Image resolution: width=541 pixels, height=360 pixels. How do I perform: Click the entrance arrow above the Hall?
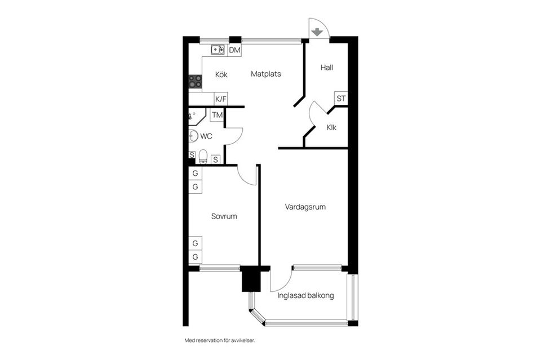coord(317,32)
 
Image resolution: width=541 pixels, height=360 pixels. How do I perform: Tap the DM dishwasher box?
coord(234,50)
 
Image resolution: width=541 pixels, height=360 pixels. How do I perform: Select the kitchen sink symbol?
coord(218,50)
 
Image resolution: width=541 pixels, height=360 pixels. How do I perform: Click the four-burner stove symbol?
coord(195,82)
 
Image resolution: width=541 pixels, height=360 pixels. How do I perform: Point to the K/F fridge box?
coord(221,99)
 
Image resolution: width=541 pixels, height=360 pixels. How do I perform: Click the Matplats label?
coord(265,74)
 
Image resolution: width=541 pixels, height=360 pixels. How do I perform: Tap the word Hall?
coord(327,67)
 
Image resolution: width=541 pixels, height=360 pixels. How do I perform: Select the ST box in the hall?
coord(341,98)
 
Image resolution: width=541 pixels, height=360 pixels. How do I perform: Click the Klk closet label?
coord(331,127)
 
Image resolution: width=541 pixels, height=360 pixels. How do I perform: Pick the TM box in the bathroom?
coord(217,115)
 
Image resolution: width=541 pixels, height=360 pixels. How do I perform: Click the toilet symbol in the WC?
coord(203,157)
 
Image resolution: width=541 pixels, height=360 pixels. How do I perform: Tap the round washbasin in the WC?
coord(193,136)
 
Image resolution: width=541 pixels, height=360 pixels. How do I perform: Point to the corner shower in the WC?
coord(197,117)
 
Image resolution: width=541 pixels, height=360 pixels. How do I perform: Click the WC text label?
coord(206,136)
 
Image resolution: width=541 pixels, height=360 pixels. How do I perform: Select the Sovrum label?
coord(224,216)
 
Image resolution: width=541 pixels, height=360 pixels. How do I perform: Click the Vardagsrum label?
coord(305,207)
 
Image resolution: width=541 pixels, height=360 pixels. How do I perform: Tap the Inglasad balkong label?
coord(305,296)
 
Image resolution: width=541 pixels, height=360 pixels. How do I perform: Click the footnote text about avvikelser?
coord(220,340)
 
